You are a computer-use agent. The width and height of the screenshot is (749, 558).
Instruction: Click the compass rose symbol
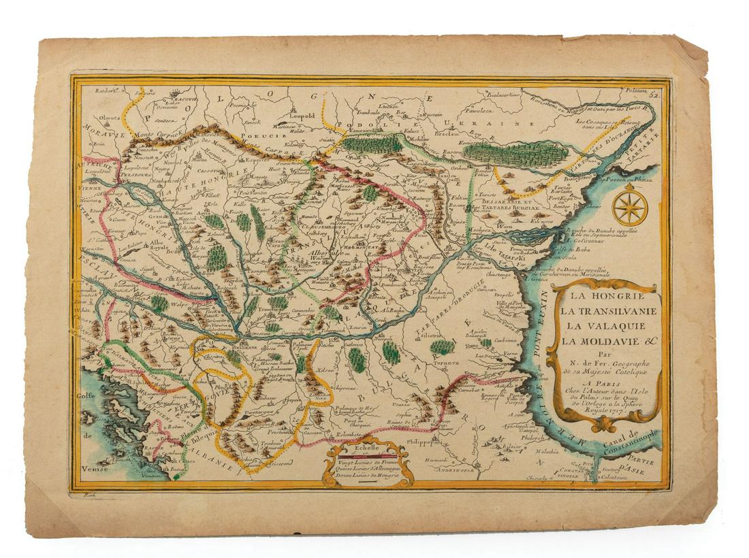pos(630,208)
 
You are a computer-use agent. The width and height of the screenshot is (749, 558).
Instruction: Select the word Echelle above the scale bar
pos(367,448)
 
